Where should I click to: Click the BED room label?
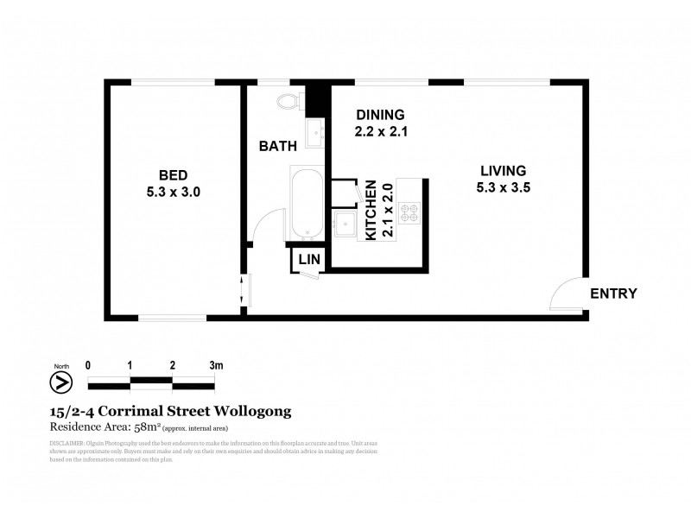tap(174, 170)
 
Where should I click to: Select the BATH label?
tap(278, 146)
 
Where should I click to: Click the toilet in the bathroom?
tap(288, 102)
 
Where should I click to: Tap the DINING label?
tap(379, 115)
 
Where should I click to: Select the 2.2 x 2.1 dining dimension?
tap(379, 132)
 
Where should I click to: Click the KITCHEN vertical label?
tap(371, 210)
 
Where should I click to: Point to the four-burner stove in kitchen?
tap(409, 212)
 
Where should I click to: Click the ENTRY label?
tap(613, 294)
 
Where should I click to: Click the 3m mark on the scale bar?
tap(216, 365)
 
